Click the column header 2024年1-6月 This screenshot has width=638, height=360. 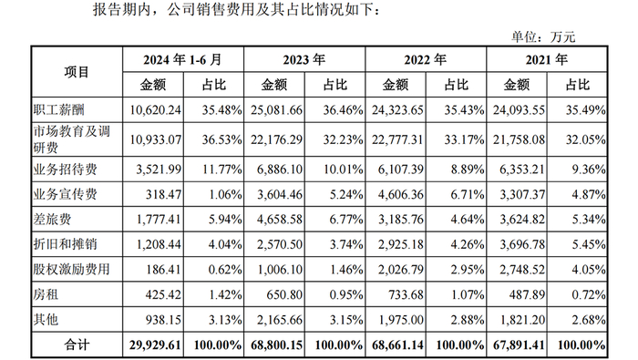coord(182,59)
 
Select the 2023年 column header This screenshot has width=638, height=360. coord(305,59)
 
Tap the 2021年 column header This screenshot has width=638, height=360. coord(547,59)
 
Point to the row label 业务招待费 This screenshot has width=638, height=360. coord(65,168)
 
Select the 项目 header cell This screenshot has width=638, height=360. coord(77,72)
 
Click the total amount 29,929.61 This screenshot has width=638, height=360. coord(157,346)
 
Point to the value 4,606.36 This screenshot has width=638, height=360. coord(402,193)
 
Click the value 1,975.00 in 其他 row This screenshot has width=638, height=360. coord(402,321)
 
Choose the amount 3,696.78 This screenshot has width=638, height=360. coord(522,244)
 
